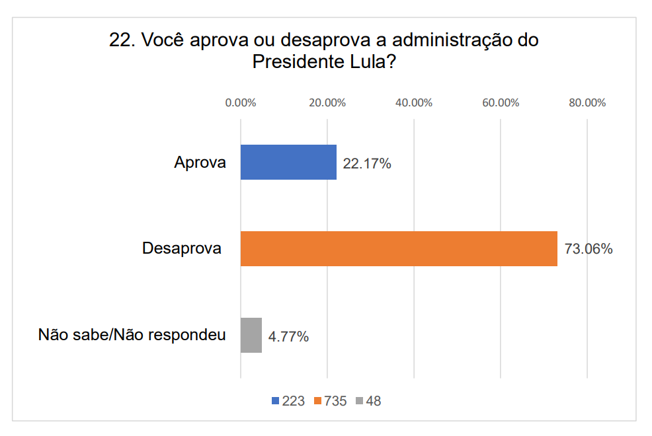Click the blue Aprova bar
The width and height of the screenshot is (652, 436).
pyautogui.click(x=288, y=163)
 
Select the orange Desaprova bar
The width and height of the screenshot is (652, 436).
pyautogui.click(x=399, y=248)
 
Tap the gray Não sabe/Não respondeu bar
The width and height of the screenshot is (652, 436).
pyautogui.click(x=251, y=335)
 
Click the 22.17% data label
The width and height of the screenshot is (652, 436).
pyautogui.click(x=367, y=163)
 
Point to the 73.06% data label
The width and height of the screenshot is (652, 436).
pyautogui.click(x=588, y=249)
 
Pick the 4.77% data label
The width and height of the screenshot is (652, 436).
pyautogui.click(x=288, y=336)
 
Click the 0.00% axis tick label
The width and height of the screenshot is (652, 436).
pyautogui.click(x=240, y=103)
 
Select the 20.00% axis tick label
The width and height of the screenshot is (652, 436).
pyautogui.click(x=327, y=103)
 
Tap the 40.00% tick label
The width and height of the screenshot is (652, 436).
pyautogui.click(x=413, y=103)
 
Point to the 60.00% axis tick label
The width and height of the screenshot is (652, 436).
pyautogui.click(x=501, y=103)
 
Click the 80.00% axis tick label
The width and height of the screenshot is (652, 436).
pyautogui.click(x=587, y=103)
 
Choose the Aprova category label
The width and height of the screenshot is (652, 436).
pyautogui.click(x=200, y=163)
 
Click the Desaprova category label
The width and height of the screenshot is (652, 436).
pyautogui.click(x=182, y=249)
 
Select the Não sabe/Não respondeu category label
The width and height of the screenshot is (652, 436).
pyautogui.click(x=132, y=335)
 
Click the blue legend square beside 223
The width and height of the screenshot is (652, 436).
pyautogui.click(x=275, y=401)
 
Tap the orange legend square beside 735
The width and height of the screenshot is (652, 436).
pyautogui.click(x=318, y=401)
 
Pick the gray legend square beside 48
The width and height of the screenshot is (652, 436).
pyautogui.click(x=360, y=401)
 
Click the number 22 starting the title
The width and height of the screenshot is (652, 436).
pyautogui.click(x=119, y=40)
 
